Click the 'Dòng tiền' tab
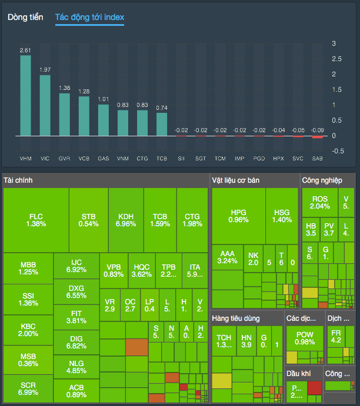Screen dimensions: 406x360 pos(25,17)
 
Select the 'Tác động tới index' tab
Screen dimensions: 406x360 pos(89,17)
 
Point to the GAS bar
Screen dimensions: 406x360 pos(103,120)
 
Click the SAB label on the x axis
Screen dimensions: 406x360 pos(317,159)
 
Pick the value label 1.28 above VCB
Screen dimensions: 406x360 pos(84,91)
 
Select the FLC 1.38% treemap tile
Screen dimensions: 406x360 pos(36,220)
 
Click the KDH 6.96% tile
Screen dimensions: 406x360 pos(125,220)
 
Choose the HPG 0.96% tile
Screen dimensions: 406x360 pos(238,216)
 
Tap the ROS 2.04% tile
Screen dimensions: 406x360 pos(320,203)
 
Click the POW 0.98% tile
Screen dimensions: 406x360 pos(305,339)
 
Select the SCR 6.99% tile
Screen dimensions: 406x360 pos(28,389)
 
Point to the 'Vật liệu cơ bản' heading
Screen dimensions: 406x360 pos(236,180)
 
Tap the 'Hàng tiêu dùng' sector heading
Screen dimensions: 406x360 pos(239,318)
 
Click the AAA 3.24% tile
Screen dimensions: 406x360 pos(227,257)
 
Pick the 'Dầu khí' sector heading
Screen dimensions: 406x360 pos(298,373)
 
